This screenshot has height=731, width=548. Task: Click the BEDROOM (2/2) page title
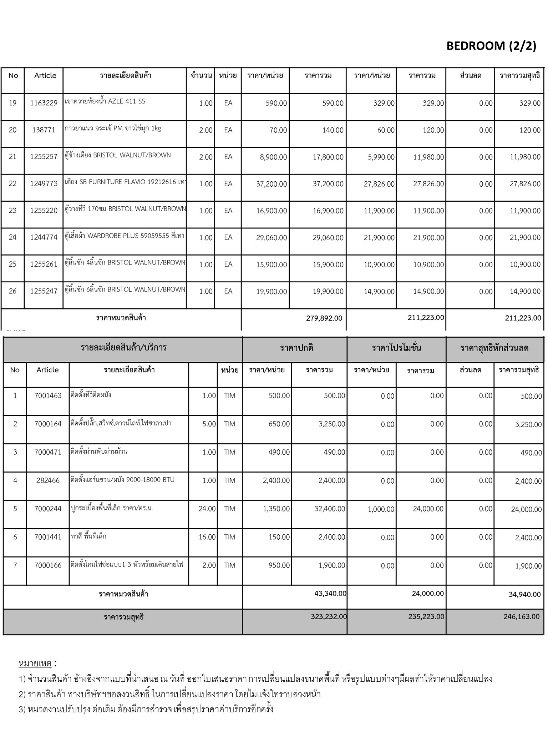(x=491, y=46)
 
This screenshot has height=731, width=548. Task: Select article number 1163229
(x=44, y=103)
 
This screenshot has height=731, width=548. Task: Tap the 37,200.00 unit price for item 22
(x=272, y=184)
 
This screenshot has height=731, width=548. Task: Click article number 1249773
(x=44, y=183)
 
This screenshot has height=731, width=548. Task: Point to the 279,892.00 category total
(x=324, y=318)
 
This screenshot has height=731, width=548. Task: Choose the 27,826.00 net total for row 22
(x=525, y=184)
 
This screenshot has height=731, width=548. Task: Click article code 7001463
(x=48, y=395)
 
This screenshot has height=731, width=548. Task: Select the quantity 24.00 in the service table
(x=207, y=509)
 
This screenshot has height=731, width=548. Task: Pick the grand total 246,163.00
(x=522, y=616)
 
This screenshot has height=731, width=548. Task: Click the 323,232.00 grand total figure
(x=329, y=616)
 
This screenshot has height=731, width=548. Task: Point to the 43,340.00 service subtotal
(x=330, y=593)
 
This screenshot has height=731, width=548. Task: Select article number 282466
(x=48, y=480)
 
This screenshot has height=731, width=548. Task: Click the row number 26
(x=12, y=291)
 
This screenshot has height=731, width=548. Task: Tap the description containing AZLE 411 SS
(x=105, y=101)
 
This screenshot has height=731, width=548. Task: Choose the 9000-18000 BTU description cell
(x=123, y=480)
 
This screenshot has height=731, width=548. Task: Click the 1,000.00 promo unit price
(x=381, y=509)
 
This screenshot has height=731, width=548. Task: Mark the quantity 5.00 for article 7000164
(x=209, y=424)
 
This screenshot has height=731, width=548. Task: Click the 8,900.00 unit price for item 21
(x=273, y=157)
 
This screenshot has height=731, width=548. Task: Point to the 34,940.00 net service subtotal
(x=524, y=594)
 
